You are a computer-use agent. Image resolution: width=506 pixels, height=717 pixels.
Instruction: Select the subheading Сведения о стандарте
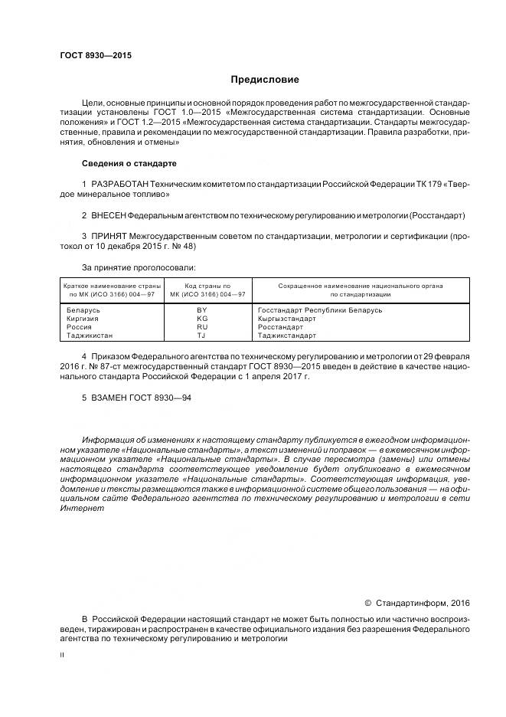[x=129, y=164]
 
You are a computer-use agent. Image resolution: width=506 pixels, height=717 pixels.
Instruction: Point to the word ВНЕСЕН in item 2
[x=108, y=216]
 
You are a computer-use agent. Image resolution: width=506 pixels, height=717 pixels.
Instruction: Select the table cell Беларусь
[x=84, y=310]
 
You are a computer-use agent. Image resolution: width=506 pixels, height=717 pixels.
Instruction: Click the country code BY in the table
[x=202, y=310]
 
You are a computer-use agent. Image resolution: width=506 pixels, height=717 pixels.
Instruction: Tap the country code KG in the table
[x=202, y=319]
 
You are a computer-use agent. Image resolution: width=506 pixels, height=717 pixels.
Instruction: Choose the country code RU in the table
[x=202, y=327]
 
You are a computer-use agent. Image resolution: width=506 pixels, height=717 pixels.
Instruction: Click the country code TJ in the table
[x=202, y=336]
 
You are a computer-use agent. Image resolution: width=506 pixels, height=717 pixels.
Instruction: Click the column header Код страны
[x=202, y=285]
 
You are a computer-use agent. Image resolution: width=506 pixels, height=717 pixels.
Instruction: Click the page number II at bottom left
[x=62, y=655]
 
